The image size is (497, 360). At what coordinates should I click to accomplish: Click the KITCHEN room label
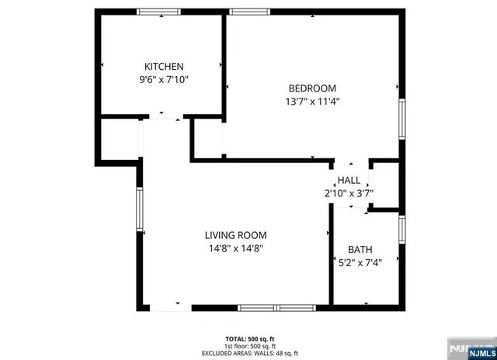[163, 67]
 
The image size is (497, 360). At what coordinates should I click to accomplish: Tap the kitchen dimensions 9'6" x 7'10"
[163, 79]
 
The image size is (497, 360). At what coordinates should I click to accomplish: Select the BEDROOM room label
[312, 88]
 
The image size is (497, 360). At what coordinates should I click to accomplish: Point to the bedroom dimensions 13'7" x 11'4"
[312, 101]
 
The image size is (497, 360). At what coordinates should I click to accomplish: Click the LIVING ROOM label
[235, 236]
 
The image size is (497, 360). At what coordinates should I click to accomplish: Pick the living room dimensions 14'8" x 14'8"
[235, 248]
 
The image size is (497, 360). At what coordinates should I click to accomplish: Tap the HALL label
[349, 181]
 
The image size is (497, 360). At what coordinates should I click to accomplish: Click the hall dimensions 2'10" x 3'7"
[349, 193]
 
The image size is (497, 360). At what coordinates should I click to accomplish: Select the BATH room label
[360, 250]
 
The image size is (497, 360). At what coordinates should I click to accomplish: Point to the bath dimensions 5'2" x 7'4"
[360, 262]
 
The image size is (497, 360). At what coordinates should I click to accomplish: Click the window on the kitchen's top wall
[159, 12]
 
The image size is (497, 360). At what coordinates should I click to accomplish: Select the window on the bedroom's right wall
[401, 119]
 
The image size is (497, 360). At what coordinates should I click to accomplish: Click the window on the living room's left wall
[140, 210]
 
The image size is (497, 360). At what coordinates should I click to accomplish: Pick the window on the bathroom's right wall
[401, 230]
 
